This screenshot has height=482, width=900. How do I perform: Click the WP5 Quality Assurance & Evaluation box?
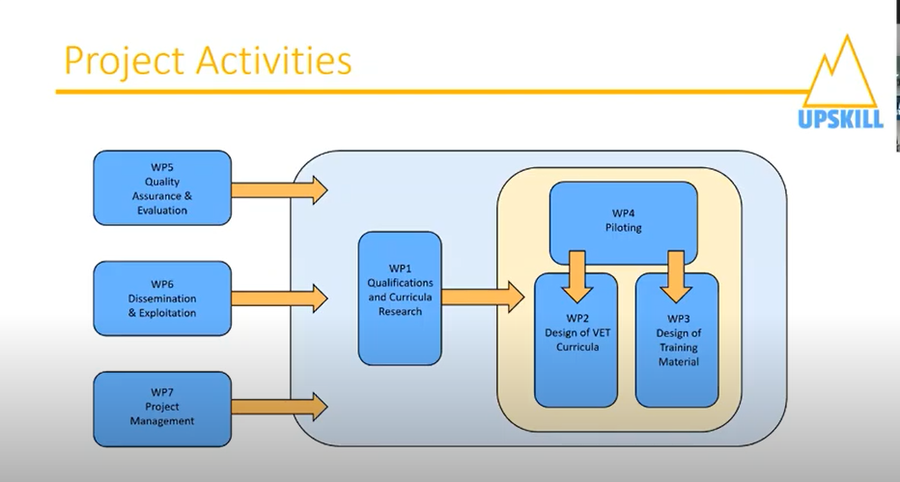point(162,188)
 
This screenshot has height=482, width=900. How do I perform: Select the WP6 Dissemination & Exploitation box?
point(162,298)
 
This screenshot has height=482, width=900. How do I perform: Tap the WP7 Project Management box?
point(162,410)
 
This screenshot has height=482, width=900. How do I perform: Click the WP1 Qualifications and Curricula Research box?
point(400,298)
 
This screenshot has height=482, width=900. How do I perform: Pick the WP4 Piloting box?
point(624,222)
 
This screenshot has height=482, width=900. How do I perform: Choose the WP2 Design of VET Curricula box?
point(577,340)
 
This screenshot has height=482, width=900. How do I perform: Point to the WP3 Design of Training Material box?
point(677,340)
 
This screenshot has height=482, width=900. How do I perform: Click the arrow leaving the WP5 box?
point(279,190)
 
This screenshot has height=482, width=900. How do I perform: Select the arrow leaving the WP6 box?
point(279,298)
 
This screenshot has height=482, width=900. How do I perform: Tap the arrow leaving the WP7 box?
point(279,407)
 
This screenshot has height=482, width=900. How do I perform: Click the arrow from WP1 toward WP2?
point(483,298)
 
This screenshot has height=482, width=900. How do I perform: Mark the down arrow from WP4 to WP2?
point(577,276)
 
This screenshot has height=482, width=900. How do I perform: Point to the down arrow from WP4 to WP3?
point(676,276)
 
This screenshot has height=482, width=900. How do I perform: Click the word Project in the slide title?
point(124,61)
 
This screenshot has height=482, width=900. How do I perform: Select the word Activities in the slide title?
point(274,60)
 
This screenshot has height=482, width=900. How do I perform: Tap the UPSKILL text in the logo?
point(840,119)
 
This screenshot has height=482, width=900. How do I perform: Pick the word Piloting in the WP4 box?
point(624,227)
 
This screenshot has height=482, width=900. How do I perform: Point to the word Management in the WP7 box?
point(162,420)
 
